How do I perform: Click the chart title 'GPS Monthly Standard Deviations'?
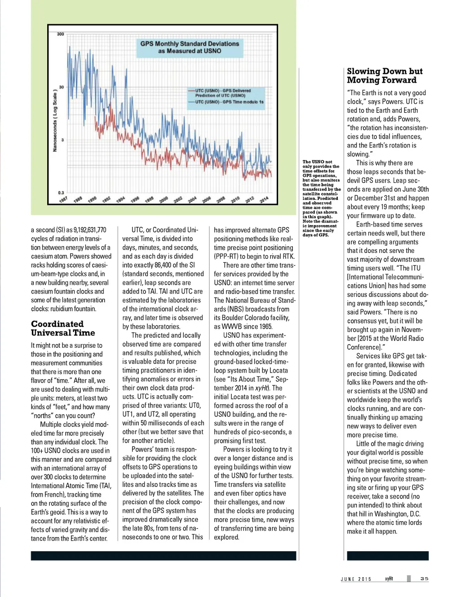(189, 44)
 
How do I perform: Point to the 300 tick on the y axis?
(61, 34)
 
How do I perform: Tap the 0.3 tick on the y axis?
(61, 192)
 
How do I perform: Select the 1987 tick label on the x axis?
(63, 199)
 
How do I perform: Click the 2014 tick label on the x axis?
(264, 199)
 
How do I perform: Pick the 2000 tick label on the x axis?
(164, 199)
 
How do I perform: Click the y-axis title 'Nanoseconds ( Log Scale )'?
(55, 120)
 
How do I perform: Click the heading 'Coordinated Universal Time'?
(63, 328)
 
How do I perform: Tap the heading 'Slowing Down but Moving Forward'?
(385, 75)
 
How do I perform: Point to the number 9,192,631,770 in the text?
(90, 230)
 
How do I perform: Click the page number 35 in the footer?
(424, 579)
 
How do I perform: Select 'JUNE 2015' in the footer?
(356, 579)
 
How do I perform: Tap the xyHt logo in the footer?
(389, 579)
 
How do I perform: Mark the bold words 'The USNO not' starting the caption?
(317, 162)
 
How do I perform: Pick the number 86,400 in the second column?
(164, 265)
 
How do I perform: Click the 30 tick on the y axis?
(62, 87)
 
